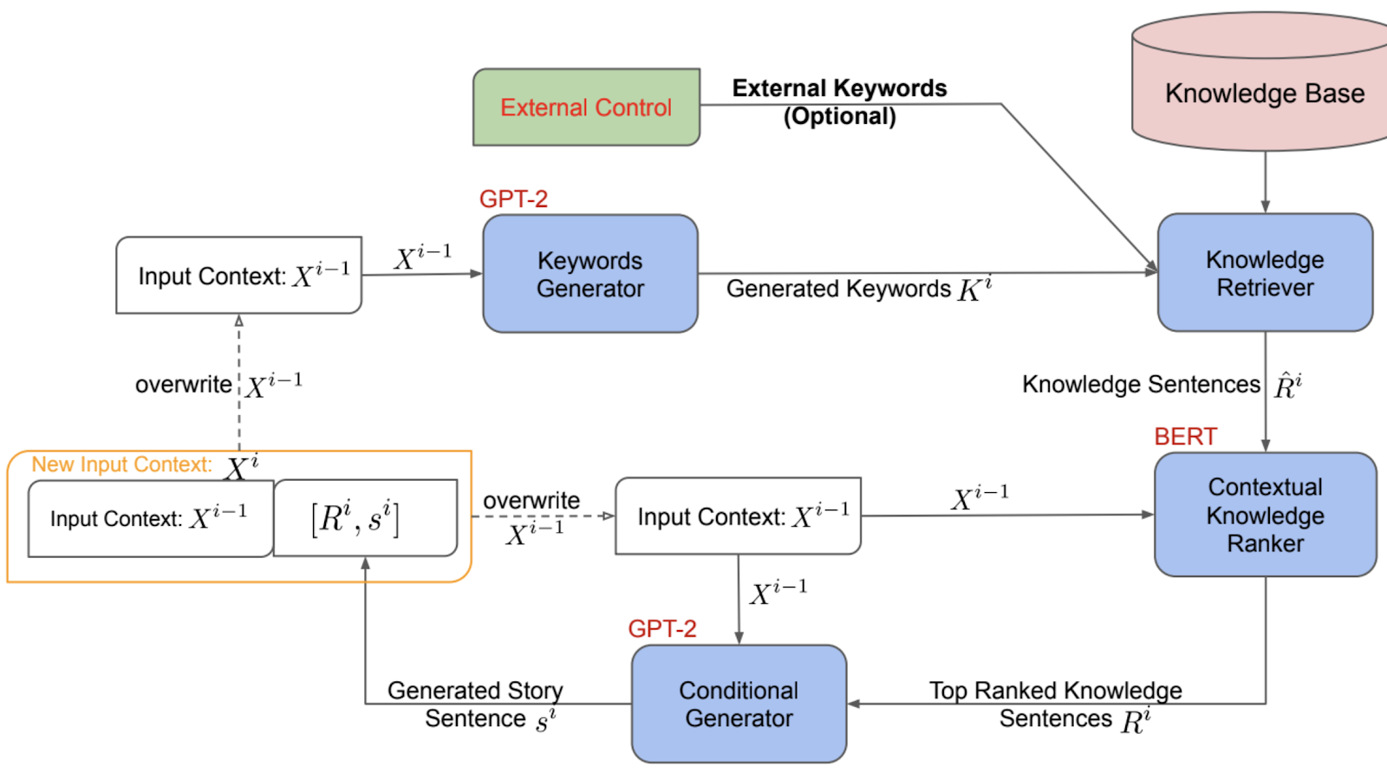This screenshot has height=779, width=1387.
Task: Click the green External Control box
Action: (586, 107)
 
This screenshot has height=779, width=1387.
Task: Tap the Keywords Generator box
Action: (590, 274)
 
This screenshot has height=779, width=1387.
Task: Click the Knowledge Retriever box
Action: (1265, 273)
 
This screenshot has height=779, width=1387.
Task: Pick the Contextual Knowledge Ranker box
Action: (1265, 515)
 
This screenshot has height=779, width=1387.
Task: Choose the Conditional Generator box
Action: (739, 704)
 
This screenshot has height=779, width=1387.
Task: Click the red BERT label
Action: (1185, 437)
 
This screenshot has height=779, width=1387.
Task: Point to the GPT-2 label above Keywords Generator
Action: (513, 199)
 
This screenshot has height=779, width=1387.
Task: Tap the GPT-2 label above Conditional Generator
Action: (662, 629)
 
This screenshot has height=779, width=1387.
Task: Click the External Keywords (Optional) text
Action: (839, 102)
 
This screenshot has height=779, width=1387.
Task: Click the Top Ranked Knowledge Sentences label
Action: (1056, 704)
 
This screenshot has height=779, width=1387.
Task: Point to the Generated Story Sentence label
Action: (476, 704)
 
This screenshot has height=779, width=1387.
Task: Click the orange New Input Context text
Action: (122, 465)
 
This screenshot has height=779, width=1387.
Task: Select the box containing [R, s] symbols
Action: (365, 518)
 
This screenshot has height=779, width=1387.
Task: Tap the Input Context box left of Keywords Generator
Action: (238, 276)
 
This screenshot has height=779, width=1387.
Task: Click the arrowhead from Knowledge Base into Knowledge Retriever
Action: (1265, 207)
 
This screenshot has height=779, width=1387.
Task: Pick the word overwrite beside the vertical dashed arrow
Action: (184, 385)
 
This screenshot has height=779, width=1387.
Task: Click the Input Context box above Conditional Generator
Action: (738, 516)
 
